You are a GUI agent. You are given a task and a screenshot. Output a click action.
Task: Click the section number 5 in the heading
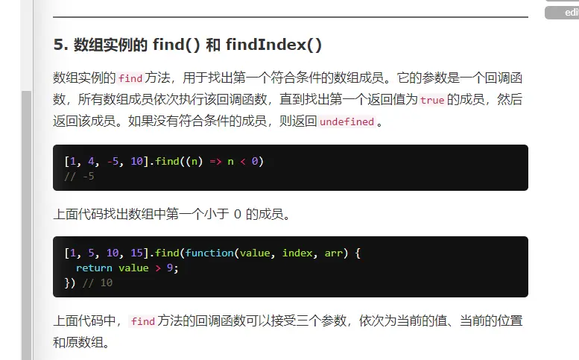pyautogui.click(x=58, y=45)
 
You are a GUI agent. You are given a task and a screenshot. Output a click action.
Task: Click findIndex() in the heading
pyautogui.click(x=273, y=45)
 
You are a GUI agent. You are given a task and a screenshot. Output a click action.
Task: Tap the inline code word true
pyautogui.click(x=432, y=100)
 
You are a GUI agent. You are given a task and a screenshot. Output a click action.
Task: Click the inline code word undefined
pyautogui.click(x=347, y=121)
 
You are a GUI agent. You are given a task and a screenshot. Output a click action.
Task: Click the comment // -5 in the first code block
pyautogui.click(x=80, y=177)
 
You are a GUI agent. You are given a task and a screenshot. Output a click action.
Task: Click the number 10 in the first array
pyautogui.click(x=136, y=161)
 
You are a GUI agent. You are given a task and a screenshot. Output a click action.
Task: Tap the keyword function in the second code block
pyautogui.click(x=209, y=253)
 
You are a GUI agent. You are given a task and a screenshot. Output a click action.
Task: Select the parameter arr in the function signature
pyautogui.click(x=334, y=253)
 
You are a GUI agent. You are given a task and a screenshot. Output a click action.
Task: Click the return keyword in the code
pyautogui.click(x=94, y=268)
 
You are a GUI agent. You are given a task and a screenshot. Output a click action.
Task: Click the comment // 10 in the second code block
pyautogui.click(x=97, y=282)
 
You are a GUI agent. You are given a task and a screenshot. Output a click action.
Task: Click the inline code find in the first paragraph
pyautogui.click(x=130, y=78)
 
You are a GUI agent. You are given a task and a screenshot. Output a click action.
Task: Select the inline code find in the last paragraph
pyautogui.click(x=142, y=322)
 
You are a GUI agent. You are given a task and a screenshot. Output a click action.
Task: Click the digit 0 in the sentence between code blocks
pyautogui.click(x=238, y=215)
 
